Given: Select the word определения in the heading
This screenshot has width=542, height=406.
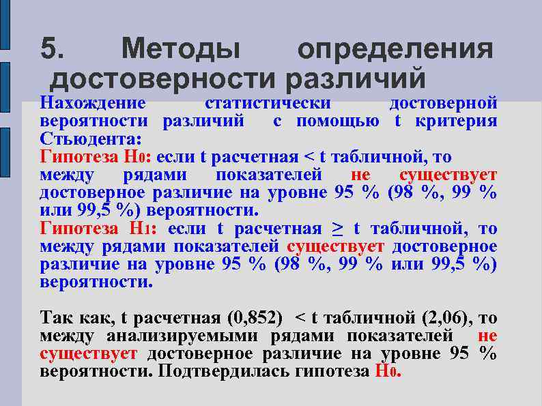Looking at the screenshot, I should pos(395,49).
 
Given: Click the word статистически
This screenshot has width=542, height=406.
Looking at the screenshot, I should pos(268,104).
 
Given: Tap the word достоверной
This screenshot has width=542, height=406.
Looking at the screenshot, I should pos(442,104).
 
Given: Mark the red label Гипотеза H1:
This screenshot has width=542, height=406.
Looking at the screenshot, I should pos(100,228).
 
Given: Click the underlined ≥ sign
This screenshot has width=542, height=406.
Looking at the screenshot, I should pos(337,228).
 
